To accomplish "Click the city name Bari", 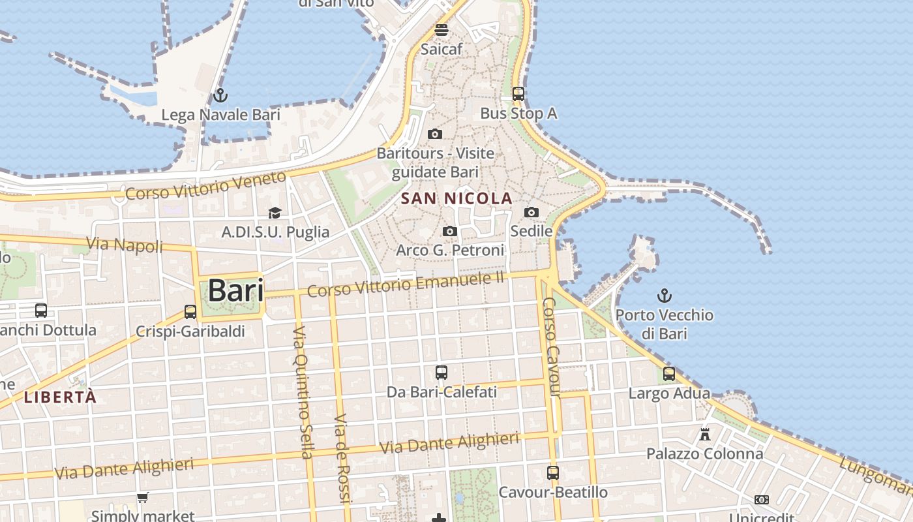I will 235,290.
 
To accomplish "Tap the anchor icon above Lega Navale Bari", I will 220,95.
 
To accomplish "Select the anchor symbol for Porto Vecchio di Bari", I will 664,296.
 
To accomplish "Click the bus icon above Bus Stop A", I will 518,94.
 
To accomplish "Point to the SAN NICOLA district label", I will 456,198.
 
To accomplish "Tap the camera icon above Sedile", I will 531,212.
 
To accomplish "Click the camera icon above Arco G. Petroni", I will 450,231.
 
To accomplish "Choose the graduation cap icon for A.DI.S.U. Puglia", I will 275,213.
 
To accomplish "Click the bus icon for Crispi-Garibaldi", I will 190,312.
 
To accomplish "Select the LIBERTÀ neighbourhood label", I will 60,397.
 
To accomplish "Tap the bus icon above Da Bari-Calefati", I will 442,373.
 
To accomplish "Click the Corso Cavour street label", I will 551,347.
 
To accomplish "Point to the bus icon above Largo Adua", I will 669,374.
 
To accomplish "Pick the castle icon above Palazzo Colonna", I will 705,434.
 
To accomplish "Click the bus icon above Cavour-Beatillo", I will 553,472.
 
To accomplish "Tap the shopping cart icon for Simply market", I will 143,497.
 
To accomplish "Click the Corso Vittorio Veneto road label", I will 205,186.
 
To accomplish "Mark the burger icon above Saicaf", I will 442,29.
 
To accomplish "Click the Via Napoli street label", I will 124,245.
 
